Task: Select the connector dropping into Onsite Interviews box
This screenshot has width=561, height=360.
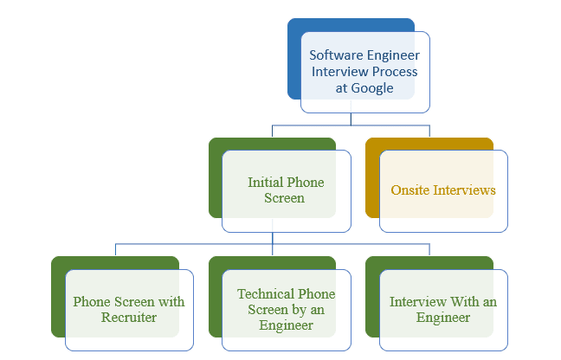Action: pyautogui.click(x=429, y=132)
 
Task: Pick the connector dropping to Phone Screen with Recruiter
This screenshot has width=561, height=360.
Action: pyautogui.click(x=115, y=251)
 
